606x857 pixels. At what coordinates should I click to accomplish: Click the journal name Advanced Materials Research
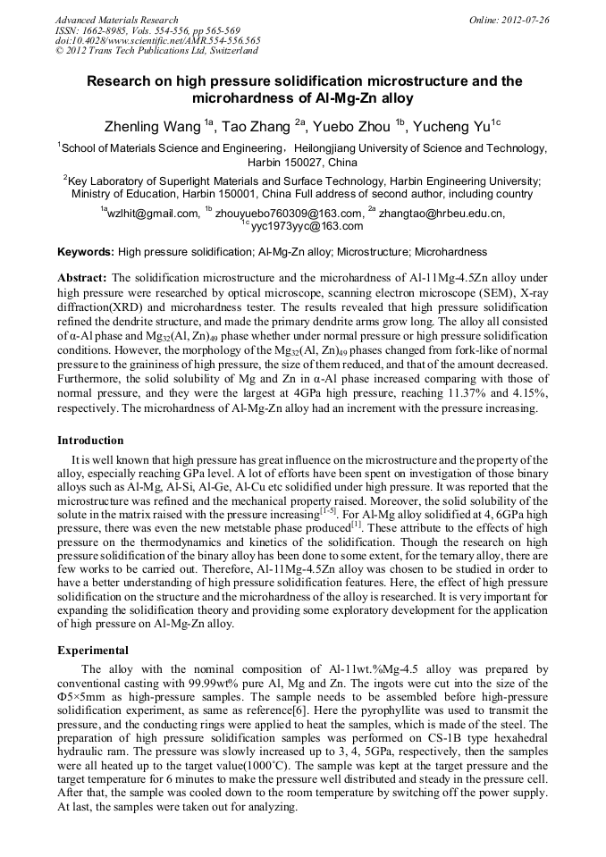point(116,20)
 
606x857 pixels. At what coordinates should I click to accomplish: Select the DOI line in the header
point(157,40)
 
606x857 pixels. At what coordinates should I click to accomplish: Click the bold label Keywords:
point(86,252)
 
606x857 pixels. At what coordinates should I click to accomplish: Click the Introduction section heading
point(90,441)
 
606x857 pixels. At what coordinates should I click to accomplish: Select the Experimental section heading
point(93,650)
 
